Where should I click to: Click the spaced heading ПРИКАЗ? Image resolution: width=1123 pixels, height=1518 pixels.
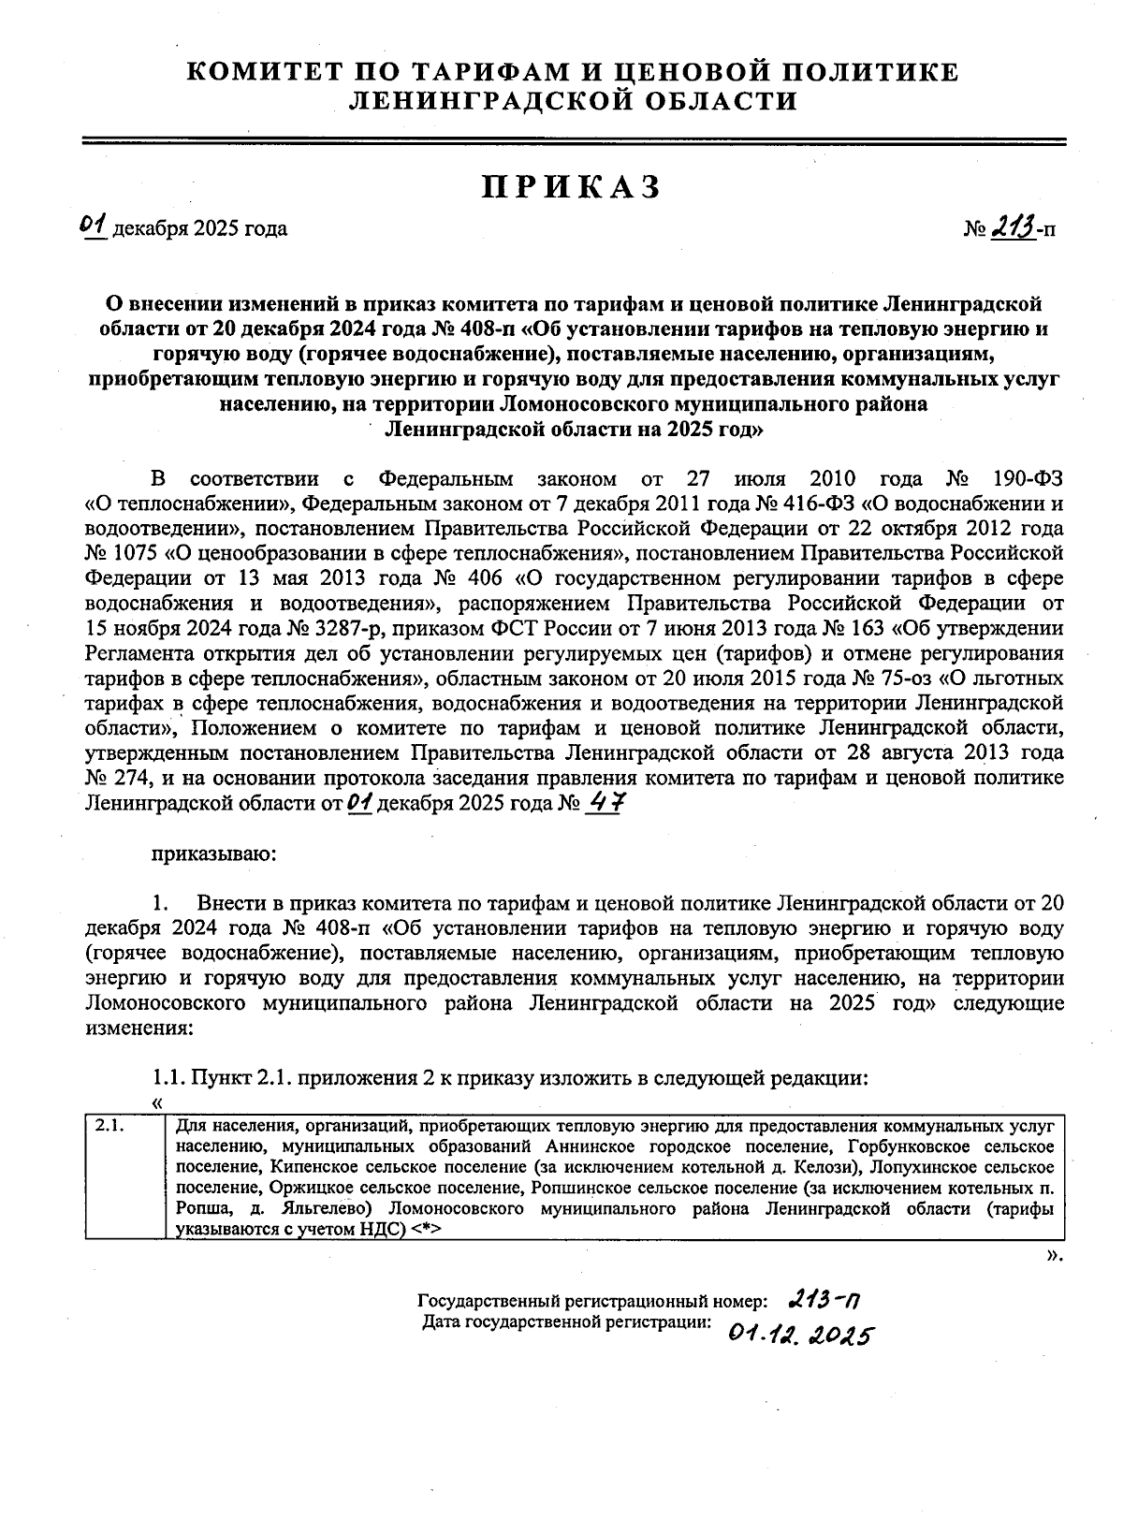click(572, 187)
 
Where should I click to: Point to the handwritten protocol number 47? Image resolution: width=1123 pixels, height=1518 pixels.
click(604, 802)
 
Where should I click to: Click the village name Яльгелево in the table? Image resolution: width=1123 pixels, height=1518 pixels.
click(329, 1209)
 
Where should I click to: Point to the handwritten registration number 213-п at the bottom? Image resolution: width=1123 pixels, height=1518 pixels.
click(825, 1299)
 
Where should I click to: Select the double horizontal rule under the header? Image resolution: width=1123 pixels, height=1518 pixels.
click(575, 141)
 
